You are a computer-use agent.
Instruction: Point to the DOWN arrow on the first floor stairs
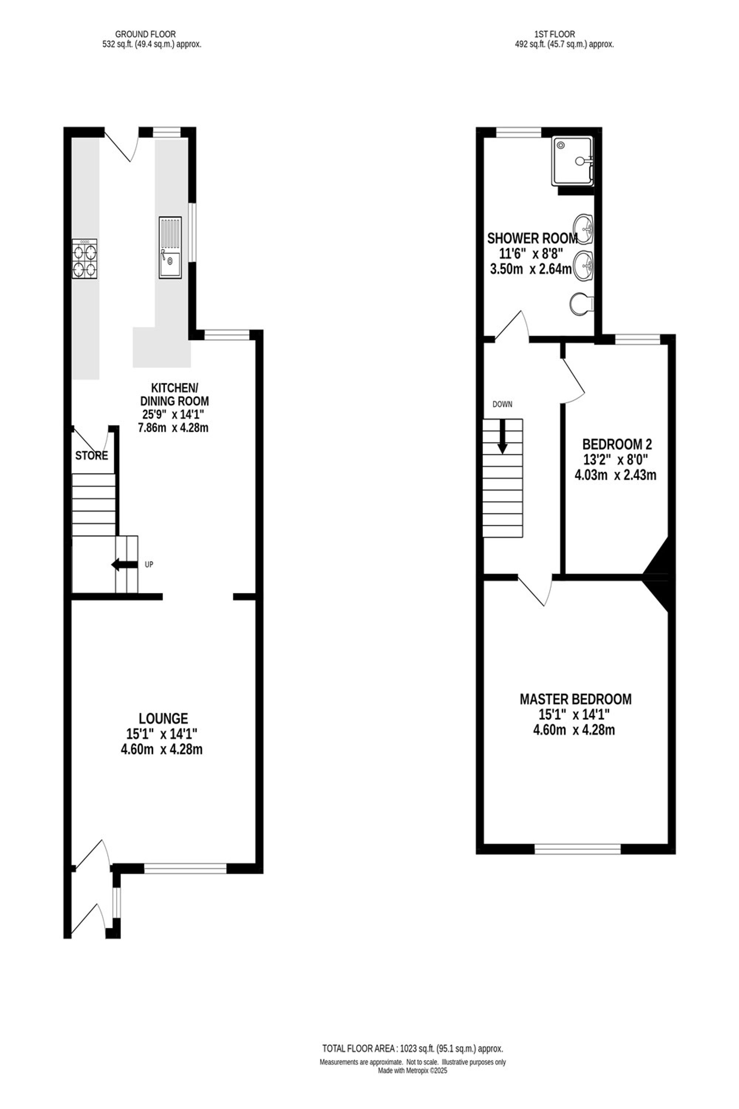click(503, 436)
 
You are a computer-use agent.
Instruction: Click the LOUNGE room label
click(164, 718)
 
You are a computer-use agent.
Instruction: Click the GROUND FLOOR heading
click(146, 34)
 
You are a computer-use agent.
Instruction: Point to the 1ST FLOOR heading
click(555, 34)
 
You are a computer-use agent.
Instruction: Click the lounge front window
click(185, 868)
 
